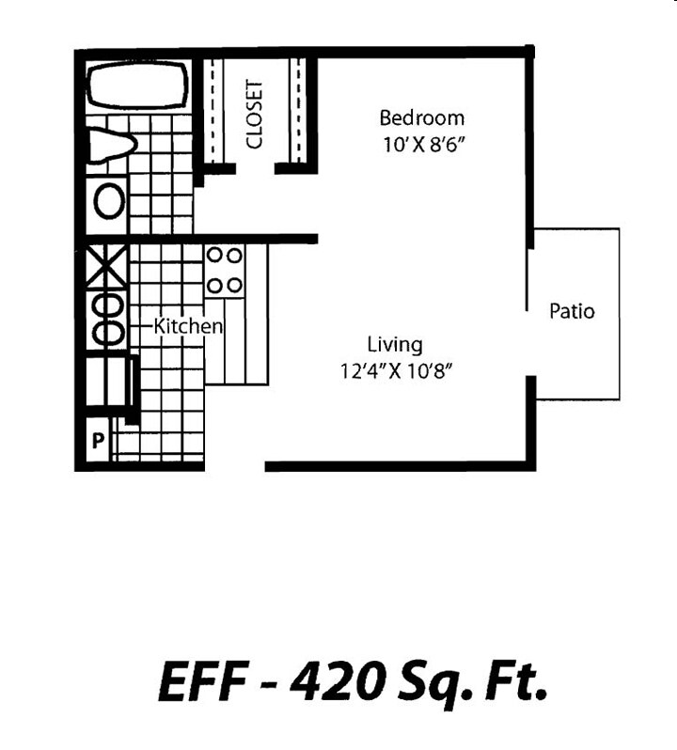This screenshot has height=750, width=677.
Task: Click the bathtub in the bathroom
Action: pos(136,86)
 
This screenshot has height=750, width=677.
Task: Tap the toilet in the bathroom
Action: pos(112,146)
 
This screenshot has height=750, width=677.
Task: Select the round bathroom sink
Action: pos(109,200)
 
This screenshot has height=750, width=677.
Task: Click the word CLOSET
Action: pos(254,114)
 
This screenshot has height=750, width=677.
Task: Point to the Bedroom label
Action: pos(421,118)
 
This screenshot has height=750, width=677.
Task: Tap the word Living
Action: pos(394,344)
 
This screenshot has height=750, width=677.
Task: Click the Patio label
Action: pos(572,311)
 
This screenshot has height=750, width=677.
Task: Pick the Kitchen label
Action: pos(188,326)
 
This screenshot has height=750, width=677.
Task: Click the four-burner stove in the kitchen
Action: pos(225,270)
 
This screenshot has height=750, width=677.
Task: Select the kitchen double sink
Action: pos(105,320)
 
